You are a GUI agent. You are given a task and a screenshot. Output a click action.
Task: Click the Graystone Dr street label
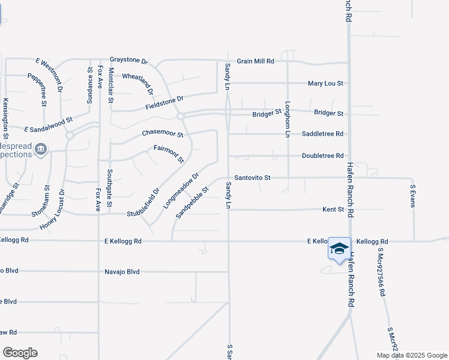click(128, 61)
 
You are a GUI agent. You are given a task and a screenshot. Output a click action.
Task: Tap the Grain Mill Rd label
click(255, 61)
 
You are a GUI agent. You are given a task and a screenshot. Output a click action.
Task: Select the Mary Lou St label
click(325, 83)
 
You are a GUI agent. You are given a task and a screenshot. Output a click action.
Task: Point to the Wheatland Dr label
click(138, 83)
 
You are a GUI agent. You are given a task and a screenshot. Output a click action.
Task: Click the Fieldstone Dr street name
click(164, 103)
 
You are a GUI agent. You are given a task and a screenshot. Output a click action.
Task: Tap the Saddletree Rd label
click(322, 134)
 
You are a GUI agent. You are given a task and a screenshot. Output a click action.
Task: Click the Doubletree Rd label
click(322, 155)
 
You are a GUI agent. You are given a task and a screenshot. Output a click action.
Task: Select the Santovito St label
click(253, 178)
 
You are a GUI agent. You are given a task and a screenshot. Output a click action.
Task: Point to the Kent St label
click(333, 209)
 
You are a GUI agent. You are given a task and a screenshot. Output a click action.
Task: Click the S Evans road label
click(413, 196)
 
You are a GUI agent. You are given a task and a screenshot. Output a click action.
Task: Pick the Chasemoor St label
click(162, 133)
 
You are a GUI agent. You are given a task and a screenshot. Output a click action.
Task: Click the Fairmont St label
click(169, 154)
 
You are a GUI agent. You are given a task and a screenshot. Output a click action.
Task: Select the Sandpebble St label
click(191, 202)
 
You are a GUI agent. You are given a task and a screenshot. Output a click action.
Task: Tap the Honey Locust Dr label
click(52, 209)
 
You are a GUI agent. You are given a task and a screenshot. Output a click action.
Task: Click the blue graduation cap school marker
click(339, 248)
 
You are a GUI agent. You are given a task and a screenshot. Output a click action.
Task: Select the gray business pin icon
click(41, 149)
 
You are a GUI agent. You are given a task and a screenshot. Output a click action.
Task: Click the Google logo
click(20, 353)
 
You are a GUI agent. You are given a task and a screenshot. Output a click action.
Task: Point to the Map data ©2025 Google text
click(411, 355)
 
